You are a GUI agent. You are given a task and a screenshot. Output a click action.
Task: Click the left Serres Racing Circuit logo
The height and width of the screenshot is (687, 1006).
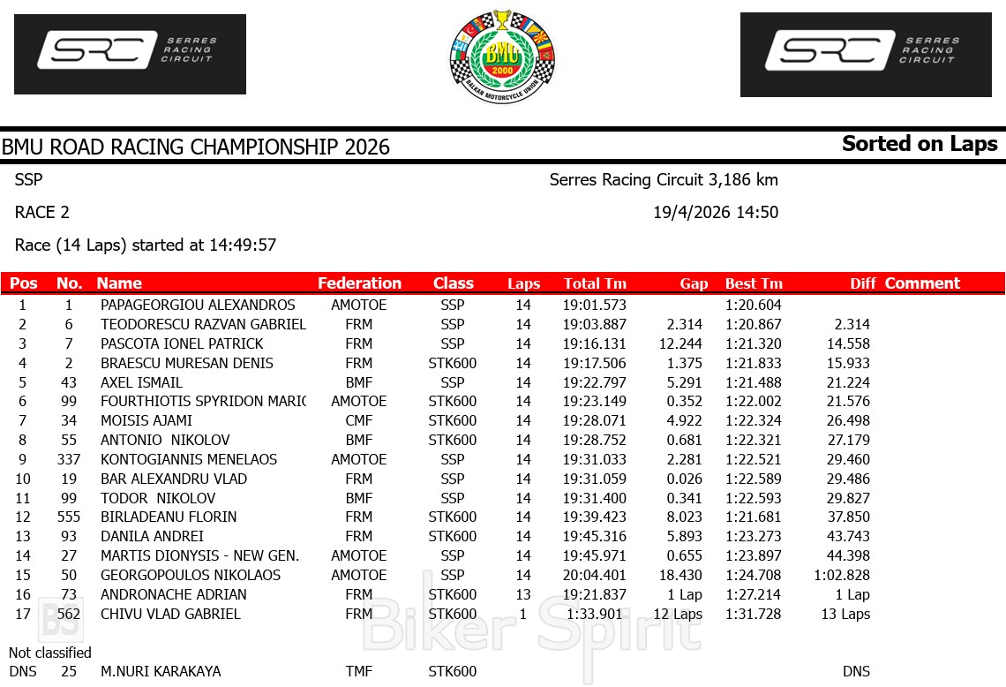(x=130, y=54)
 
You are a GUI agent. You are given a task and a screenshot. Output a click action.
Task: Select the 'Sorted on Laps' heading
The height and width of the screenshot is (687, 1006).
(x=920, y=144)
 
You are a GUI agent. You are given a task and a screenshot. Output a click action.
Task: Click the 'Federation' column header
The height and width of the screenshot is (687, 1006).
(x=359, y=283)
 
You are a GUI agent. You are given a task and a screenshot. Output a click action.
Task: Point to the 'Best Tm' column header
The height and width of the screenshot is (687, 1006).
(x=754, y=283)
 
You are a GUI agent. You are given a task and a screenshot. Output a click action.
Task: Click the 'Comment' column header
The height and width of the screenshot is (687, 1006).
(x=922, y=283)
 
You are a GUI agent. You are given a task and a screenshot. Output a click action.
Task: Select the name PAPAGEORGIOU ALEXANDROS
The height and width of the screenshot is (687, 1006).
(x=198, y=306)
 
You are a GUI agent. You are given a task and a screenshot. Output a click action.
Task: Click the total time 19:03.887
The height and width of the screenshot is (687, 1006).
(x=594, y=325)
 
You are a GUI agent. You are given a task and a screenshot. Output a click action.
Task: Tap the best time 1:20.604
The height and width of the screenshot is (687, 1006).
(x=754, y=306)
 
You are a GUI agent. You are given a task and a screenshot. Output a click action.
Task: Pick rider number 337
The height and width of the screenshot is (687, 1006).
(x=68, y=459)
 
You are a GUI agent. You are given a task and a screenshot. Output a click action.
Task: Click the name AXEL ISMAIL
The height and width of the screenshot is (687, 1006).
(x=141, y=382)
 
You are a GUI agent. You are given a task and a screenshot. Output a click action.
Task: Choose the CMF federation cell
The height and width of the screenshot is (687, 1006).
(x=359, y=421)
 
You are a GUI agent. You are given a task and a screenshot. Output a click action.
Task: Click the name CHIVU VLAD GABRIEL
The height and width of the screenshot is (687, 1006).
(x=170, y=614)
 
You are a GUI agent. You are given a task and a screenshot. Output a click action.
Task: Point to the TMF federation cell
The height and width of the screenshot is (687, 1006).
(x=359, y=671)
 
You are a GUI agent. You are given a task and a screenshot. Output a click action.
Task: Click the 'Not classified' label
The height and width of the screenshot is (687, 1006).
(x=50, y=653)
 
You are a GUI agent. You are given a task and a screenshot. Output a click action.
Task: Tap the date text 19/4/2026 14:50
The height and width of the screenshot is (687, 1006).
(x=716, y=213)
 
